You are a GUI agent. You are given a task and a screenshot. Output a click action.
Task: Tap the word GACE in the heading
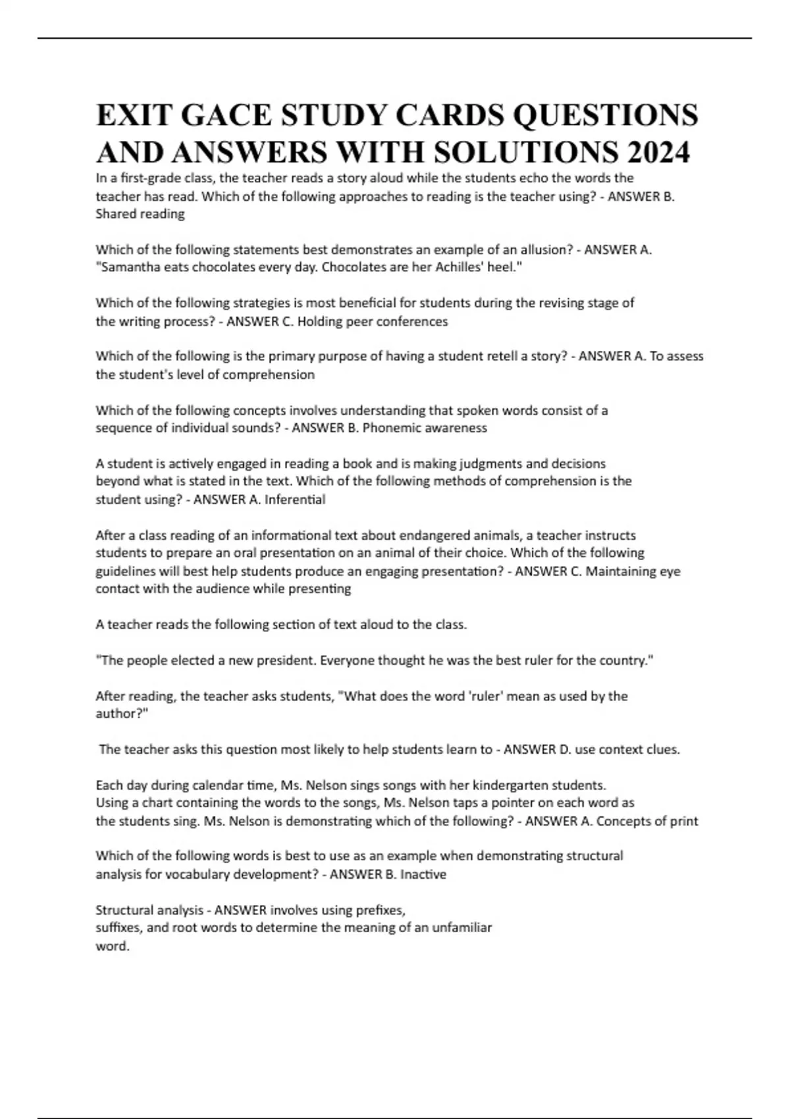[x=224, y=115]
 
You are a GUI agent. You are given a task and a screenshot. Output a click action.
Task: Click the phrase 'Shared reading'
[x=140, y=214]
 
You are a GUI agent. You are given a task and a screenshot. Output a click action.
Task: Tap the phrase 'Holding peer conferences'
[x=373, y=322]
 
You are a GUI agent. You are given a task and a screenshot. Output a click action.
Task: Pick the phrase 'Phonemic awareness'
[x=425, y=429]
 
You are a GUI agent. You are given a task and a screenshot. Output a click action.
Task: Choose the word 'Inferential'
[x=295, y=500]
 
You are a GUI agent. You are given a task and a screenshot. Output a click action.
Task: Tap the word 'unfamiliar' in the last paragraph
[x=461, y=928]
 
